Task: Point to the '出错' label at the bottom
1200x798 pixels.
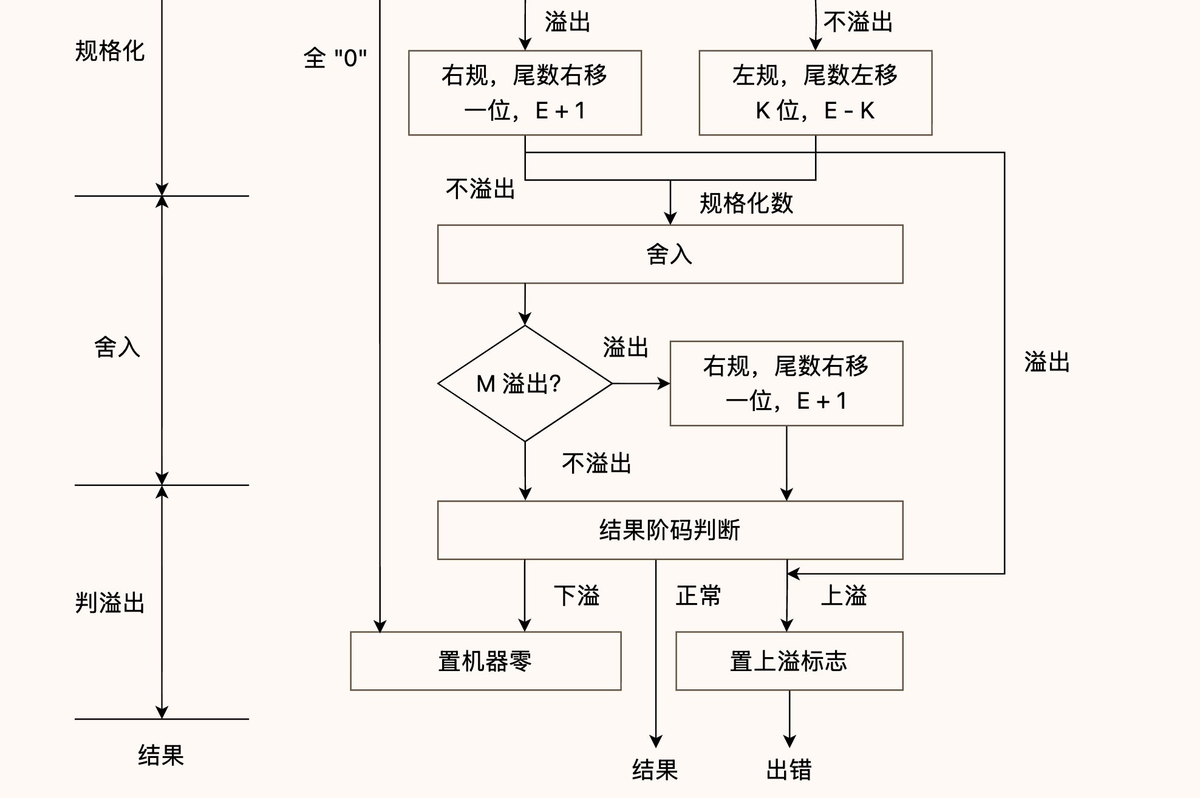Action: (789, 769)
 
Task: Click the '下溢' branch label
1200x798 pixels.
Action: (576, 595)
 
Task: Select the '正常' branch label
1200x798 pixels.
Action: (698, 595)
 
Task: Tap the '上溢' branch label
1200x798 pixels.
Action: (844, 595)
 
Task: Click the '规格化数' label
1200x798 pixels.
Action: (746, 203)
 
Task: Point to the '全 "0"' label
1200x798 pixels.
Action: (335, 58)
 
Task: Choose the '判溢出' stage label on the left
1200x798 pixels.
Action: (110, 603)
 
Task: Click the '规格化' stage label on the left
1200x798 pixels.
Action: (110, 50)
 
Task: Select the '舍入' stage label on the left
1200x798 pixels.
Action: (117, 347)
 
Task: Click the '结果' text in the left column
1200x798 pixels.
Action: (161, 755)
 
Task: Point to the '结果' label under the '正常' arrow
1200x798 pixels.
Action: (655, 769)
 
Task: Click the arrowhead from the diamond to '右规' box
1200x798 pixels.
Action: (664, 383)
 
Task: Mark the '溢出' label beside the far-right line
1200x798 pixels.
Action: (1047, 361)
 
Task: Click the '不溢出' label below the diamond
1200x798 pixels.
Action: (597, 463)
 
